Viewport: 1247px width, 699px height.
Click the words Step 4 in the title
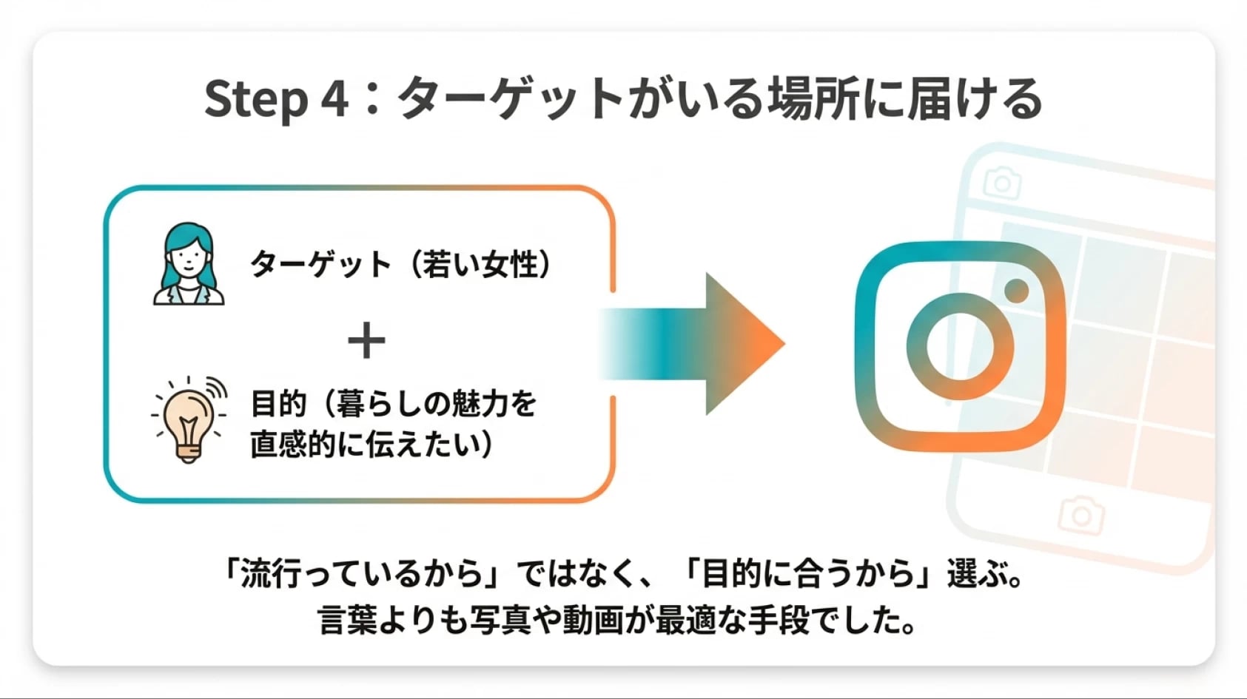[x=277, y=99]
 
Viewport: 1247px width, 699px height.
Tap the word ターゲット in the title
[x=511, y=99]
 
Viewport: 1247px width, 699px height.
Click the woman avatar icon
[x=189, y=264]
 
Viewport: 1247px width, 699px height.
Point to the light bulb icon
[x=189, y=419]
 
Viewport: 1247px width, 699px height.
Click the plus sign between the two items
[x=366, y=340]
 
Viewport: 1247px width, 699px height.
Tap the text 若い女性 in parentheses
[x=481, y=264]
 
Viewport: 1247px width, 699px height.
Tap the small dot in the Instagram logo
[x=1017, y=291]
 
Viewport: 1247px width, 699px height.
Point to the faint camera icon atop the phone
[x=1002, y=182]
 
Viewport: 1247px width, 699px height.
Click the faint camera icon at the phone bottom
[x=1081, y=515]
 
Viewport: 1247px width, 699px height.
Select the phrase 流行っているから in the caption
[x=361, y=574]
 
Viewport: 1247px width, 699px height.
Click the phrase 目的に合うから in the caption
[x=807, y=574]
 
